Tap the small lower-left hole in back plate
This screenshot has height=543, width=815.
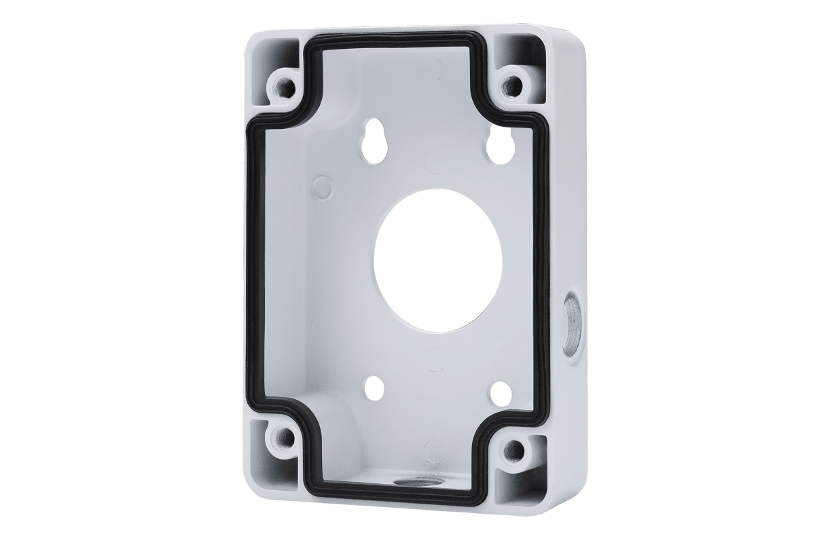pyautogui.click(x=374, y=388)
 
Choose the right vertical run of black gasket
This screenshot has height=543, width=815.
pyautogui.click(x=543, y=271)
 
